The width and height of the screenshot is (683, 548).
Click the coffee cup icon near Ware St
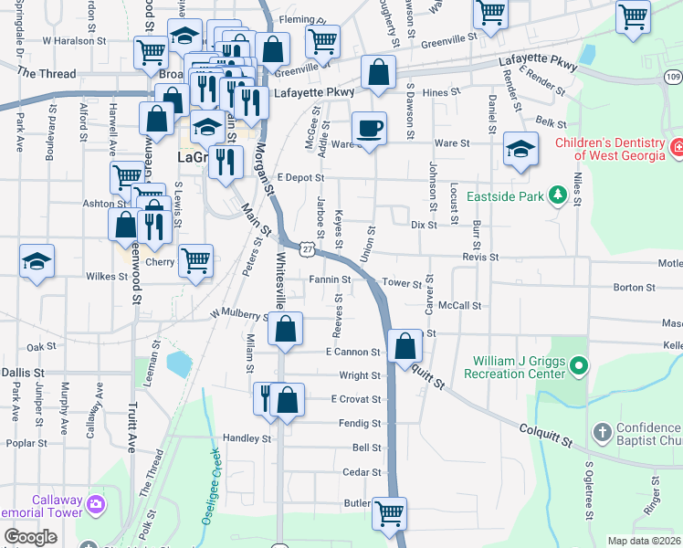pos(369,128)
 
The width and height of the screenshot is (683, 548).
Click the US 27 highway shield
pos(310,248)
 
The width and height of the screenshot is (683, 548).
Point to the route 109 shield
pos(672,77)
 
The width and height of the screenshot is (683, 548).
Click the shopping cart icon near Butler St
pos(390,513)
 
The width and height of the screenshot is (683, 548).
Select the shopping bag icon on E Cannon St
pos(405,347)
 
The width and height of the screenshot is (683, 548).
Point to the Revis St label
pos(480,258)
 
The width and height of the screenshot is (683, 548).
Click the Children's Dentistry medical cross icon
pos(677,149)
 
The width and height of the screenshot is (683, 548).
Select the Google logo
pos(30,537)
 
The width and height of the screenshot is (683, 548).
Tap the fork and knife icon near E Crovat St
pos(266,399)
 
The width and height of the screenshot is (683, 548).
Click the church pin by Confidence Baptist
pos(602,432)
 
